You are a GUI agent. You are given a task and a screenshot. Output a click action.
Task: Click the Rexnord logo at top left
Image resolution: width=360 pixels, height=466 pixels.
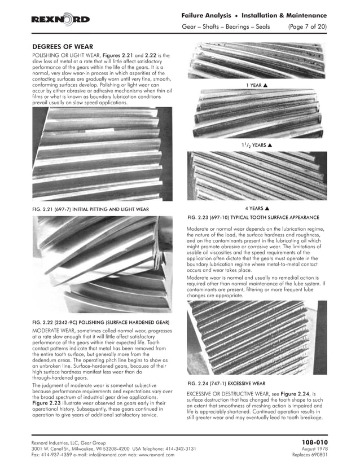point(60,20)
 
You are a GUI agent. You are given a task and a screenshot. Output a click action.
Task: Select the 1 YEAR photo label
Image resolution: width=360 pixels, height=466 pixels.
point(256,85)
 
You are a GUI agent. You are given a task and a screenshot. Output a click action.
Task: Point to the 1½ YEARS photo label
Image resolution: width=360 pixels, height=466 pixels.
point(256,145)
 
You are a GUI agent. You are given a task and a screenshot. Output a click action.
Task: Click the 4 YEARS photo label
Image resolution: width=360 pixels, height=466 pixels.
point(256,208)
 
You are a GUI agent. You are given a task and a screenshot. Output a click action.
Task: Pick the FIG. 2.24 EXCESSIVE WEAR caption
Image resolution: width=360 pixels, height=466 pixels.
point(226,383)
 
